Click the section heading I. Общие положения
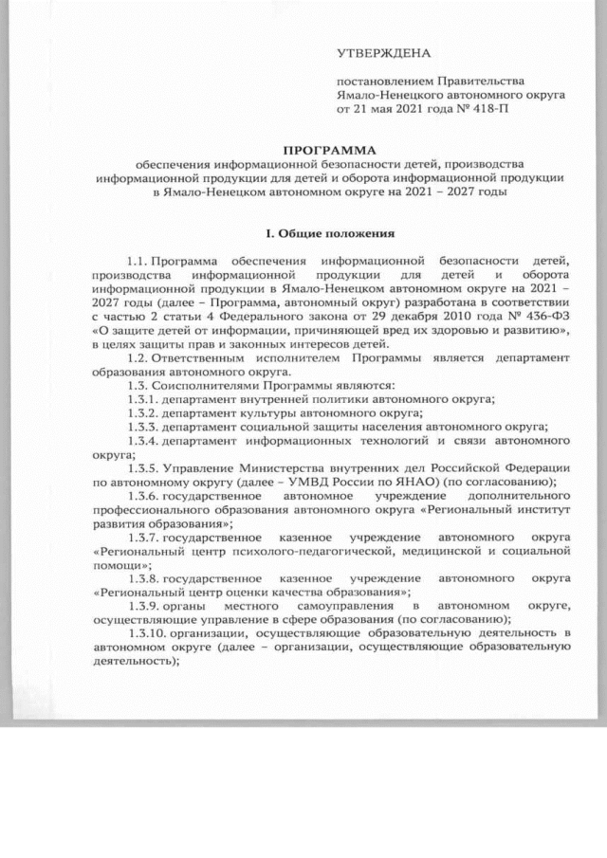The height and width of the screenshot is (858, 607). coord(329,232)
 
